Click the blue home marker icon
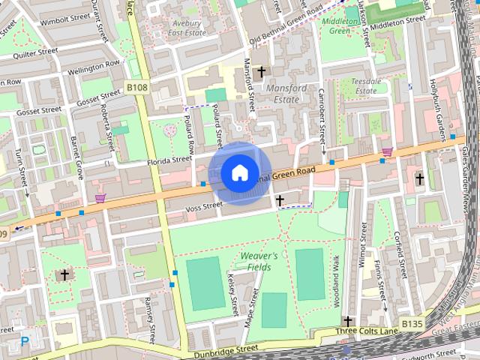238,172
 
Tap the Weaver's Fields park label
259,261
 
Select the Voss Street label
204,205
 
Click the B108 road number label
136,88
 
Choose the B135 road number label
412,323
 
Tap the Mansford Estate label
287,94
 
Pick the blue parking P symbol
25,342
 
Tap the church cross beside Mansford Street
261,72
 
